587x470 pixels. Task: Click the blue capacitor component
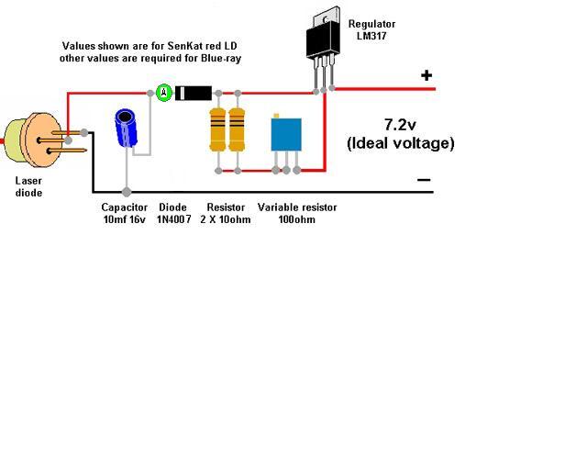tap(127, 129)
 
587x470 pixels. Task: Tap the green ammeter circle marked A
tap(162, 92)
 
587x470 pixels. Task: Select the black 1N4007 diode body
tap(194, 92)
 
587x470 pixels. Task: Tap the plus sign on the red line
tap(426, 75)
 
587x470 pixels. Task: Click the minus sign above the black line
tap(424, 180)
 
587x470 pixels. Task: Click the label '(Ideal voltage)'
tap(401, 143)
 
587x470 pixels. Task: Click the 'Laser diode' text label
tap(28, 186)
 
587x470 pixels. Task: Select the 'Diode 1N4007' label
tap(174, 214)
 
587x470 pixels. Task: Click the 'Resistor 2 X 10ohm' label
tap(226, 214)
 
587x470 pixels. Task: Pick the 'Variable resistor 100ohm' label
tap(297, 214)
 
